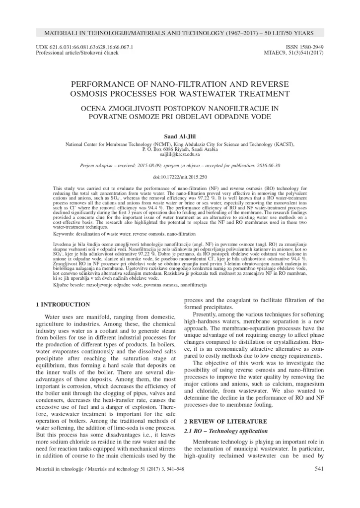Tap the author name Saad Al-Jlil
point(180,136)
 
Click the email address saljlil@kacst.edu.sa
point(180,154)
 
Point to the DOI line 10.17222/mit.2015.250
point(180,177)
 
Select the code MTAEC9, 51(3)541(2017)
point(295,52)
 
